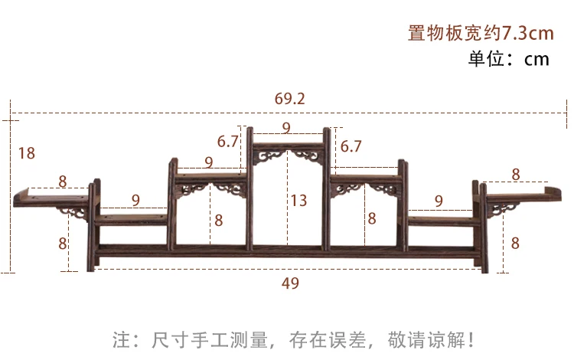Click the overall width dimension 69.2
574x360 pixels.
tap(290, 98)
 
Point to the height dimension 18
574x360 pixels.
tap(26, 153)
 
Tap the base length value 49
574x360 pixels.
tap(290, 283)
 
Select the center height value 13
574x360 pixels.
tap(298, 201)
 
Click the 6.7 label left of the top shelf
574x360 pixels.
tap(228, 142)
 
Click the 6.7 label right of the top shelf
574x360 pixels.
tap(351, 146)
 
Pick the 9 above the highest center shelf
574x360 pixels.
tap(286, 127)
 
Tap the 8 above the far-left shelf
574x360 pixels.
tap(62, 182)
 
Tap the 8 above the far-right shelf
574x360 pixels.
tap(516, 175)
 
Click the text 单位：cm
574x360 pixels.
tap(509, 59)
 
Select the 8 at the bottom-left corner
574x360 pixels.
tap(63, 244)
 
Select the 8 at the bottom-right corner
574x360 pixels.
tap(515, 244)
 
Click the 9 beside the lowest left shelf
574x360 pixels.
tap(135, 201)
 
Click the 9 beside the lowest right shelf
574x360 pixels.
tap(439, 201)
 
